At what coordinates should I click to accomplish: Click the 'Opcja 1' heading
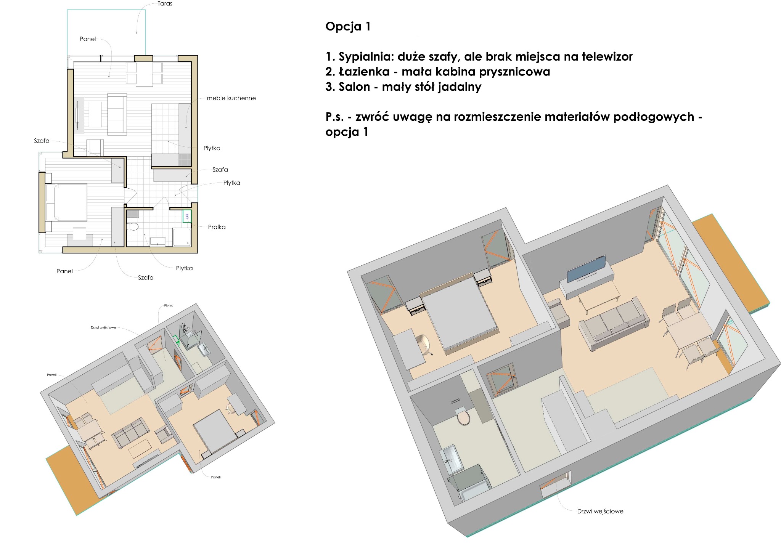pos(348,26)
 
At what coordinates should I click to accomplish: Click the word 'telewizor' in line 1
pos(607,57)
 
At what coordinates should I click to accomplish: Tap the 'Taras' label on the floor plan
pos(165,4)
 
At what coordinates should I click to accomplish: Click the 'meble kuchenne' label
pos(231,98)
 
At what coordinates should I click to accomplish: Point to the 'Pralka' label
pos(217,227)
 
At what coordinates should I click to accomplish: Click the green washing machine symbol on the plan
pos(187,216)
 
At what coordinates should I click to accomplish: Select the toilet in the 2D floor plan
pos(133,227)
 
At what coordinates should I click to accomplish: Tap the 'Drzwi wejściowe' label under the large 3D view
pos(600,511)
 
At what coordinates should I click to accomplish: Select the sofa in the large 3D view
pos(613,324)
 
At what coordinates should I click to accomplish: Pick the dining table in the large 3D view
pos(688,330)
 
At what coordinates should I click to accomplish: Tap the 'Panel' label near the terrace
pos(88,39)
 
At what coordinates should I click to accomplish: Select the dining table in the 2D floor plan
pos(145,74)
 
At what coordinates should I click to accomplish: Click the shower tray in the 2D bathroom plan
pos(182,237)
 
